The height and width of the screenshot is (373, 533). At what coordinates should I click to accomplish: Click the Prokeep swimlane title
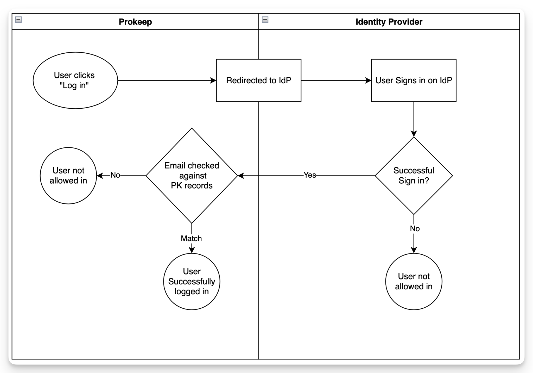135,22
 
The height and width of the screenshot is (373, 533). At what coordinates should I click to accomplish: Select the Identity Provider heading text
389,22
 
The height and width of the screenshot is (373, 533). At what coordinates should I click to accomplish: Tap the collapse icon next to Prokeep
18,20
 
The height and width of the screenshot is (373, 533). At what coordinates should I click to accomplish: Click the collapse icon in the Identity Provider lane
265,20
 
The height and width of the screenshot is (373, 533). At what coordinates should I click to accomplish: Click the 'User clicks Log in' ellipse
75,80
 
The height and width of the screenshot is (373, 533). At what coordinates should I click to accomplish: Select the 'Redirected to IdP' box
258,80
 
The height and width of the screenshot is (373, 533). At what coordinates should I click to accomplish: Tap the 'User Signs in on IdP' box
414,80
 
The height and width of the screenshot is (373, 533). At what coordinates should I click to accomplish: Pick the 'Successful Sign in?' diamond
414,176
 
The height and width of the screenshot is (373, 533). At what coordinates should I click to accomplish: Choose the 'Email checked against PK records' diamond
192,176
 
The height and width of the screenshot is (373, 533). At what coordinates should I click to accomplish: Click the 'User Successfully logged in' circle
192,281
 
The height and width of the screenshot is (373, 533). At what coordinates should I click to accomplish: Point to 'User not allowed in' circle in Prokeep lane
68,176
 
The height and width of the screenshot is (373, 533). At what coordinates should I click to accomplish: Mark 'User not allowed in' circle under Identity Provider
414,281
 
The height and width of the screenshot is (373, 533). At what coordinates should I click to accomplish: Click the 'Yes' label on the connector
310,175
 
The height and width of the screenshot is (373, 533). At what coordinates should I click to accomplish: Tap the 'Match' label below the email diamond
191,238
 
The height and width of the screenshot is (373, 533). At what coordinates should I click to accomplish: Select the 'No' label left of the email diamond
115,175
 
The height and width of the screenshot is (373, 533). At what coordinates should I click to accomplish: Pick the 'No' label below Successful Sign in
415,229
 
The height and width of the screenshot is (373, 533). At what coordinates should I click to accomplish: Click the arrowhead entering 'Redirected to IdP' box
213,80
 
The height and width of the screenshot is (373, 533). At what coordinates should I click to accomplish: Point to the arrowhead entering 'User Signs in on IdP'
368,80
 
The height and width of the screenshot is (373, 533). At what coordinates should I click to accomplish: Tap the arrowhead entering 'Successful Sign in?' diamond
414,134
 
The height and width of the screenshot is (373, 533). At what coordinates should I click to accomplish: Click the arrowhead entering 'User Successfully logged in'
192,250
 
